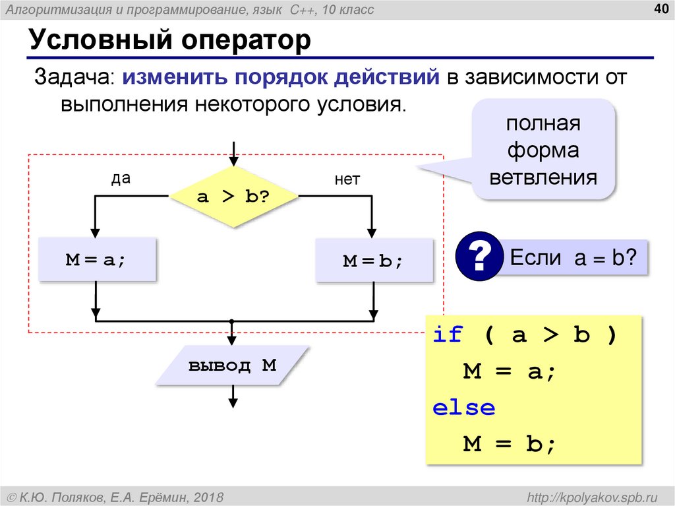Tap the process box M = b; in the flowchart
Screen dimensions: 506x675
coord(373,261)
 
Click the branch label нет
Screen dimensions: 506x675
coord(347,179)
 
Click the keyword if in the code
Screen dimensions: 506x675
coord(448,335)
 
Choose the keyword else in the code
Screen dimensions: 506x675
coord(463,408)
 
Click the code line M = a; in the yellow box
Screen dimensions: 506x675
coord(510,371)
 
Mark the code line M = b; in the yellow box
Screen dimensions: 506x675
coord(510,444)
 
